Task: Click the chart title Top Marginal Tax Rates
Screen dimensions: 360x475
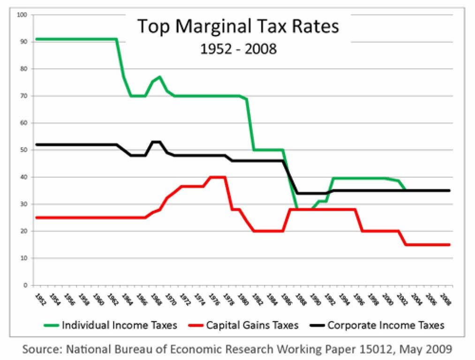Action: click(x=238, y=26)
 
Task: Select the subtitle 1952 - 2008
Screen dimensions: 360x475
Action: click(x=238, y=48)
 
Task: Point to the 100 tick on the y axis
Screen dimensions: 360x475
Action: click(x=23, y=15)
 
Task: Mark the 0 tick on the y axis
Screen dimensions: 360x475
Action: click(x=26, y=285)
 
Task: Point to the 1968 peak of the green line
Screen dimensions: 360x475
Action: click(x=160, y=77)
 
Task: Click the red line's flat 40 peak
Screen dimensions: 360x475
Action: click(x=218, y=177)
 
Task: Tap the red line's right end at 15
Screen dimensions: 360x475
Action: click(x=449, y=245)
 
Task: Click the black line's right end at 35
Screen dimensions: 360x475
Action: click(x=449, y=190)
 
